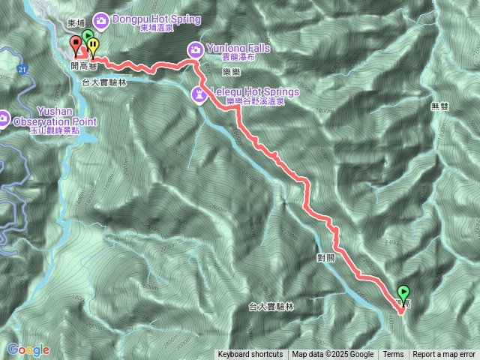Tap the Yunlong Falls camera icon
click(194, 49)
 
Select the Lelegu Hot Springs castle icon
click(199, 95)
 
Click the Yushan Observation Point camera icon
click(4, 118)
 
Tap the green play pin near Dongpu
click(87, 37)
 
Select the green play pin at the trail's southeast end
click(403, 292)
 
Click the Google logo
click(28, 349)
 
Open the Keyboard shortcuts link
click(250, 355)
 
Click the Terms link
click(393, 355)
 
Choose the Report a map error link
click(443, 355)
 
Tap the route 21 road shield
click(23, 70)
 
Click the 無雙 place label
click(439, 106)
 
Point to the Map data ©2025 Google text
click(332, 355)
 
